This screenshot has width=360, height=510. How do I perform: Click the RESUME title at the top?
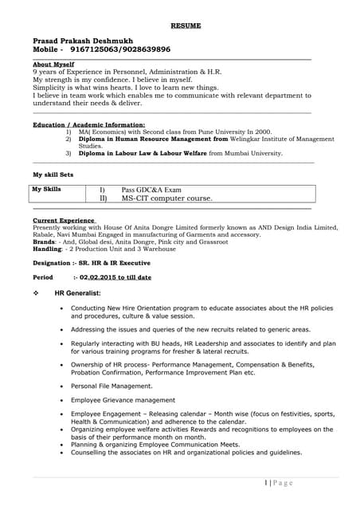pyautogui.click(x=186, y=25)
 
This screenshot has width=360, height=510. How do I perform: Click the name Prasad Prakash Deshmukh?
pyautogui.click(x=83, y=40)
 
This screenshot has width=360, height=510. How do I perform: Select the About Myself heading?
pyautogui.click(x=53, y=64)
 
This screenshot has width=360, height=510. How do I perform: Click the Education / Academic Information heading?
pyautogui.click(x=88, y=125)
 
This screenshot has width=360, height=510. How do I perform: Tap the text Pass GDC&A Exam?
pyautogui.click(x=151, y=190)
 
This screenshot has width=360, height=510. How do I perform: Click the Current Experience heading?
pyautogui.click(x=65, y=219)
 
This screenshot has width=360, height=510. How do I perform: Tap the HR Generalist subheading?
pyautogui.click(x=77, y=293)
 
